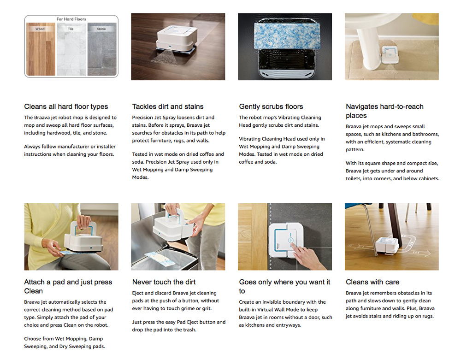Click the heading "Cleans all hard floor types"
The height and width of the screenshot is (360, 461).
[66, 106]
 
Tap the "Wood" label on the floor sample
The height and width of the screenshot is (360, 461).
[40, 29]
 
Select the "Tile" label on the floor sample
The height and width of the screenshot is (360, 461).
[71, 29]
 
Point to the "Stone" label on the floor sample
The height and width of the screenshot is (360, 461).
[101, 29]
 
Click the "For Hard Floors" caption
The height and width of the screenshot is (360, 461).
[71, 19]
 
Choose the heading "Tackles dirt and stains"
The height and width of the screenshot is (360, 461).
[168, 106]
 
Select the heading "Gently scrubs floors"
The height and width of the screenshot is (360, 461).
[271, 106]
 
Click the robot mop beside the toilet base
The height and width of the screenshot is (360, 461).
[390, 55]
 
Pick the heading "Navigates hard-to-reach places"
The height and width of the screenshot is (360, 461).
[384, 111]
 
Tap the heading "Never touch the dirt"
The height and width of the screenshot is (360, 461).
[164, 282]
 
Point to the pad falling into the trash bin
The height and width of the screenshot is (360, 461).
[158, 259]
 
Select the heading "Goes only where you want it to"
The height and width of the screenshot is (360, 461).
[284, 287]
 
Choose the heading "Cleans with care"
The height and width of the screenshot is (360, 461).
[372, 282]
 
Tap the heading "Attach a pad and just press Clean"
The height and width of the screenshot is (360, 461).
[68, 287]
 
